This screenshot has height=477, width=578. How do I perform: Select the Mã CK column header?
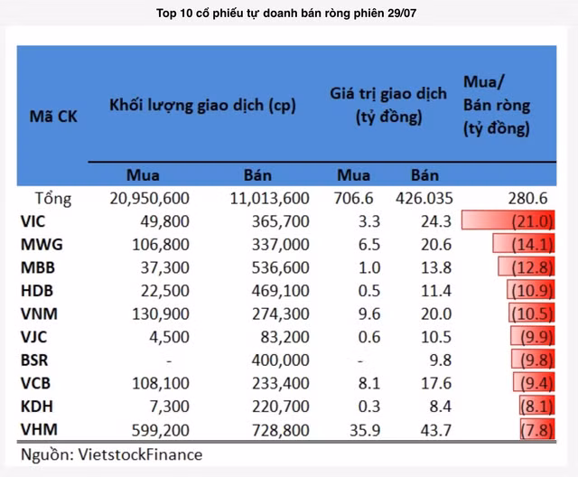pyautogui.click(x=53, y=117)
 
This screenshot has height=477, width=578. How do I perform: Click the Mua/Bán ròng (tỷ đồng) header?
pyautogui.click(x=497, y=106)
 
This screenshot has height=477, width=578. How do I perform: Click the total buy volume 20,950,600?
pyautogui.click(x=146, y=198)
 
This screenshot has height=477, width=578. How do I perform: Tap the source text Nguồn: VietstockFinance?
pyautogui.click(x=112, y=454)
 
